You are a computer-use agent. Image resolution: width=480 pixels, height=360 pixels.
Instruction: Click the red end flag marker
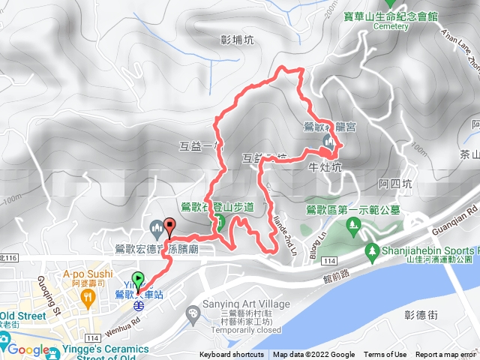pyautogui.click(x=169, y=226)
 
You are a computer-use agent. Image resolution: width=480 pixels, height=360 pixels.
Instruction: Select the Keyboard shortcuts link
pyautogui.click(x=232, y=355)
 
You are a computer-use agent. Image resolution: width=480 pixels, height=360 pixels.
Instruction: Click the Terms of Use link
pyautogui.click(x=385, y=355)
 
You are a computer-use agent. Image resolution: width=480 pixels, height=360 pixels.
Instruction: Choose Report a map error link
pyautogui.click(x=447, y=355)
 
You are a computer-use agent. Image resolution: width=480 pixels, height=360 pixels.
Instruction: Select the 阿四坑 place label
pyautogui.click(x=395, y=183)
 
